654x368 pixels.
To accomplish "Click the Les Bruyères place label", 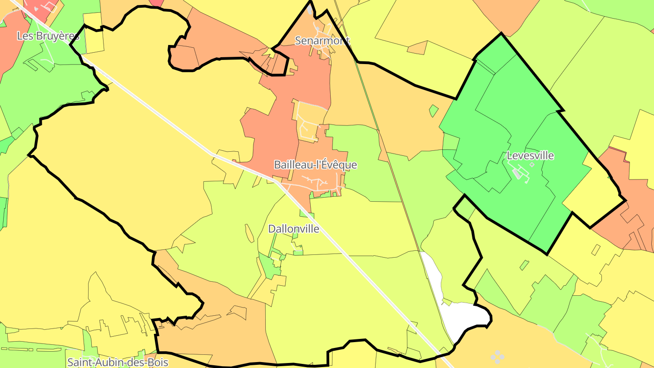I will (48, 36).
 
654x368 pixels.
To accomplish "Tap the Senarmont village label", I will (322, 40).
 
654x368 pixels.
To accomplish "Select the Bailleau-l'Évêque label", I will (315, 165).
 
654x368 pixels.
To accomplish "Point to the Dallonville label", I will (293, 229).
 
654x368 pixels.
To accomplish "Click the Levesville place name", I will (530, 155).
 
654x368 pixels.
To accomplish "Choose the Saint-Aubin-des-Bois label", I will (118, 362).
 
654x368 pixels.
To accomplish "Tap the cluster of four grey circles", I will (497, 356).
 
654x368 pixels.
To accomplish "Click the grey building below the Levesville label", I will (517, 173).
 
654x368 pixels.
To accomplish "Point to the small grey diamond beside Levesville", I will (532, 165).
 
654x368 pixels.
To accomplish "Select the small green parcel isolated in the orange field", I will (434, 110).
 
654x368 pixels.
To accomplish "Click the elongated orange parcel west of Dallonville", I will (249, 234).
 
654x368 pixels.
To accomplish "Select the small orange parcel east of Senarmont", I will (417, 48).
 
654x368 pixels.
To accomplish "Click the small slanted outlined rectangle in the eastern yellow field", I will (596, 249).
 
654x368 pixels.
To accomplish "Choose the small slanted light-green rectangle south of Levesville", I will (524, 264).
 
